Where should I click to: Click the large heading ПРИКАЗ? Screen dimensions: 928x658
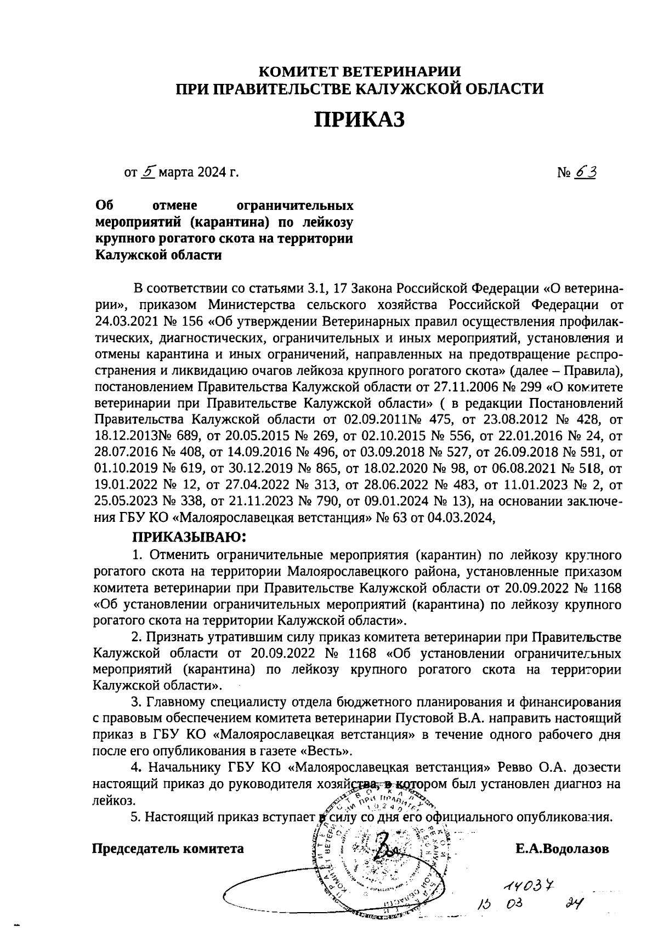point(359,119)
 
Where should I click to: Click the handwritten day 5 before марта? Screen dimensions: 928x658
point(148,172)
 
